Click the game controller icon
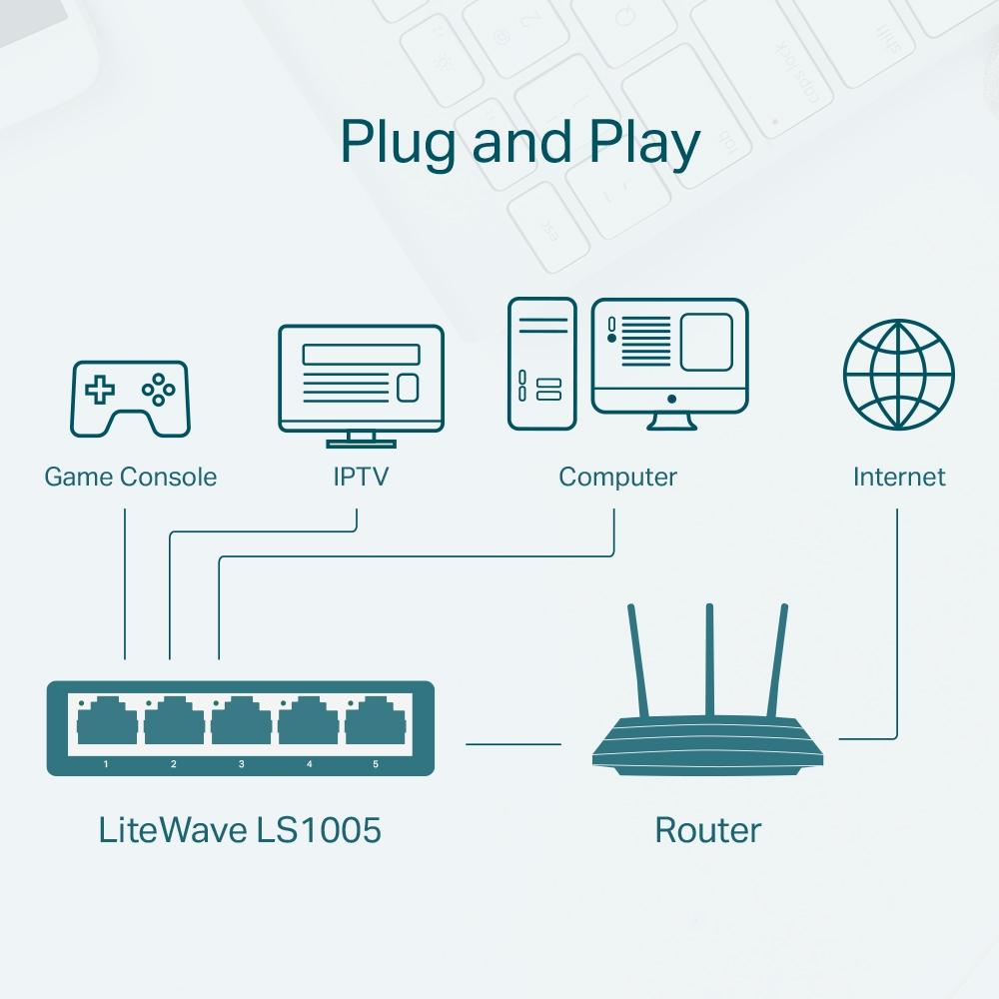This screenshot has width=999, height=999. (130, 399)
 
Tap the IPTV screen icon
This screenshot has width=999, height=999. (361, 380)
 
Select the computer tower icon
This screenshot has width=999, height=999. (541, 364)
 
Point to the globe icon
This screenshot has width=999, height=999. (898, 373)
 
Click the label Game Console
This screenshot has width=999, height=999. (130, 477)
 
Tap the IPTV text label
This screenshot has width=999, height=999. (360, 477)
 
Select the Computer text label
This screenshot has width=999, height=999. (617, 477)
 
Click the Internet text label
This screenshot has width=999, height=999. (898, 477)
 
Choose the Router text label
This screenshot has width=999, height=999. (707, 829)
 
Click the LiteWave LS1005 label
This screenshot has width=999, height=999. (240, 829)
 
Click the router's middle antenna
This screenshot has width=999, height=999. (709, 659)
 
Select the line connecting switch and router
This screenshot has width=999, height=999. (513, 743)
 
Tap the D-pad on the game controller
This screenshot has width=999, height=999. (99, 390)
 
